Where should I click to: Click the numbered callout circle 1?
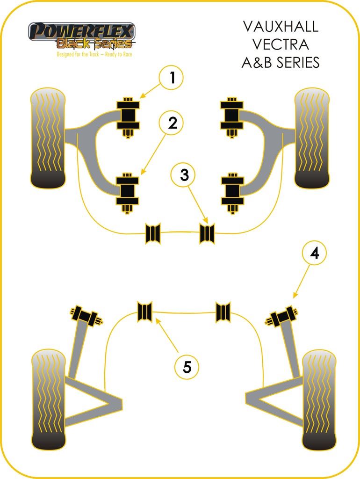coord(172,78)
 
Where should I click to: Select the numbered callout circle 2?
coord(172,123)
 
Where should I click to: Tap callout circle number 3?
coord(184,175)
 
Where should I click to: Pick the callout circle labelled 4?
coord(314,253)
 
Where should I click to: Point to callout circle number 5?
coord(187,367)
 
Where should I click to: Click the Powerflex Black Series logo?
coord(82,36)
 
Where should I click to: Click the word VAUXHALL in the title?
coord(280,27)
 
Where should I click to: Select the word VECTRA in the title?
coord(280,44)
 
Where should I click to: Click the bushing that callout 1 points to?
coord(128,116)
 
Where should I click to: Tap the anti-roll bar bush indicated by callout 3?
coord(207,233)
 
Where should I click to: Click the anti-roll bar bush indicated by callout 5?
coord(144,312)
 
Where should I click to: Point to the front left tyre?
coord(47,138)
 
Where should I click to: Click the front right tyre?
coord(312,138)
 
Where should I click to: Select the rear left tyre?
coord(48,399)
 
